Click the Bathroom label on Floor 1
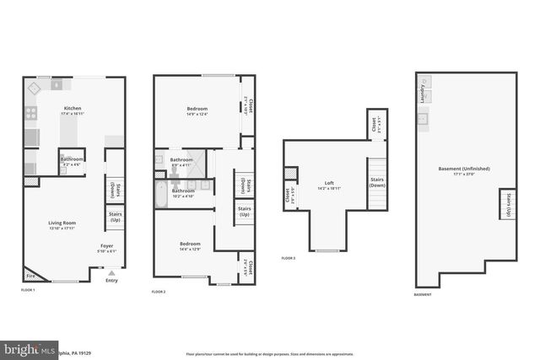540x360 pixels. coord(71,159)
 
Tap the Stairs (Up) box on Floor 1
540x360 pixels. coord(115,218)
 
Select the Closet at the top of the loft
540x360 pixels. coord(374,125)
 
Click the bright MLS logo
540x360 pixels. coord(30,349)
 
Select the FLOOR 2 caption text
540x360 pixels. coord(158,291)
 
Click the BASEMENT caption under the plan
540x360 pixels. coord(423,294)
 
